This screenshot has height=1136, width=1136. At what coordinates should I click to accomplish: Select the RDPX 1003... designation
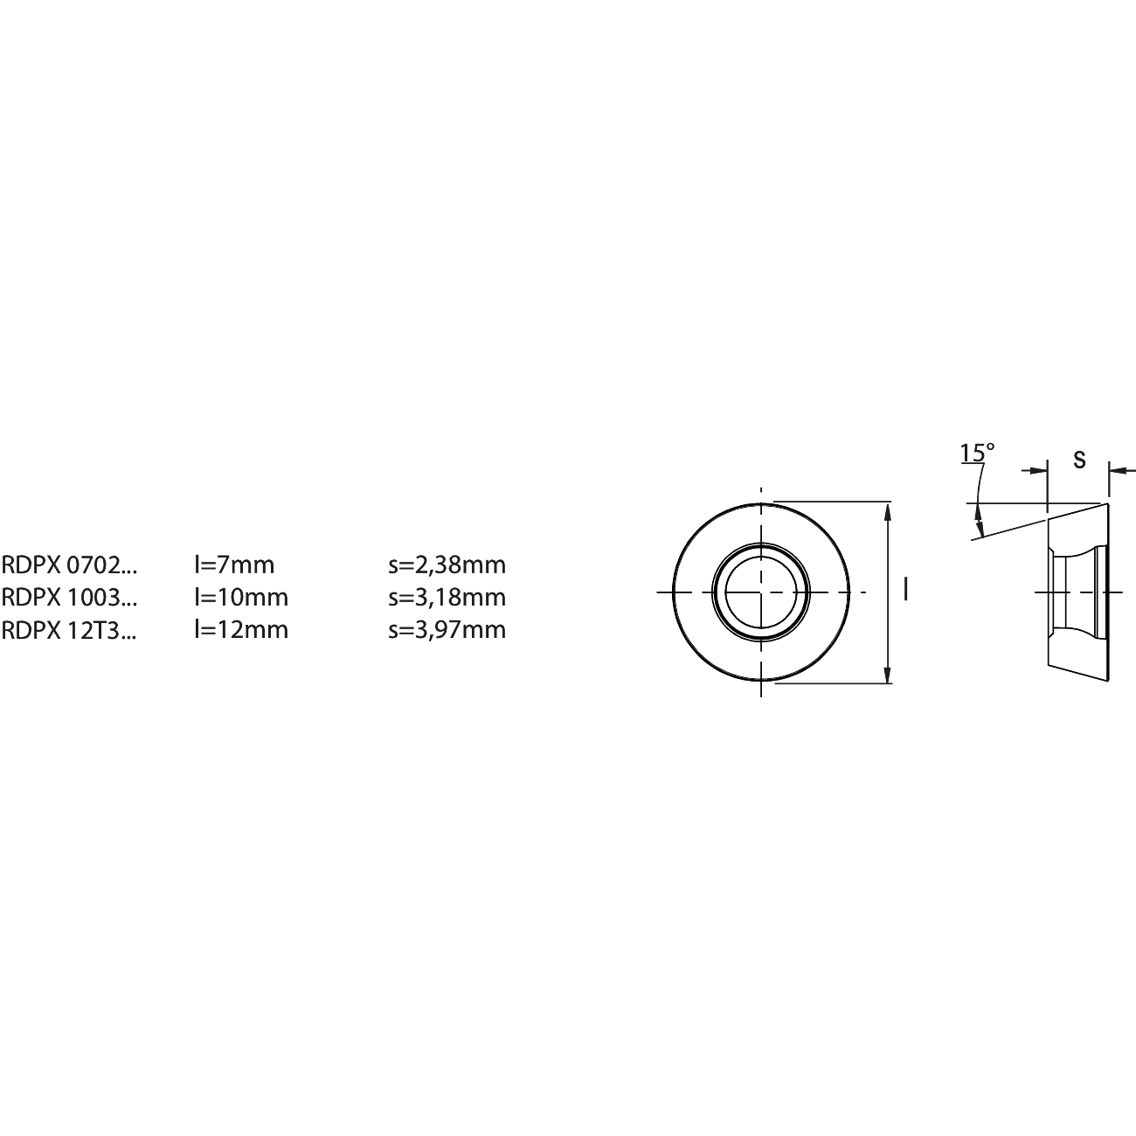[x=69, y=598]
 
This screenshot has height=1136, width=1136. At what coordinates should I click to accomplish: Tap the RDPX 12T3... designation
[x=69, y=630]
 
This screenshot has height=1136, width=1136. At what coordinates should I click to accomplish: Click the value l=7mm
[x=235, y=565]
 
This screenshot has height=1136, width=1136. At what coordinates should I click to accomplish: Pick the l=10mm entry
[x=242, y=598]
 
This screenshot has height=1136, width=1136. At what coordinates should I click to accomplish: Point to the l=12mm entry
[x=242, y=630]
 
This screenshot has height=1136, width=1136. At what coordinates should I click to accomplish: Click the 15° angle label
[x=977, y=452]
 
